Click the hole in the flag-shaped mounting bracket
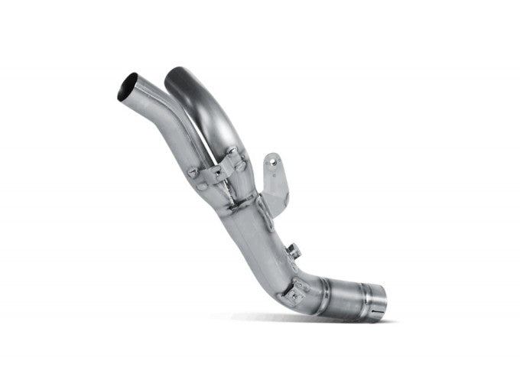tap(269, 161)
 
